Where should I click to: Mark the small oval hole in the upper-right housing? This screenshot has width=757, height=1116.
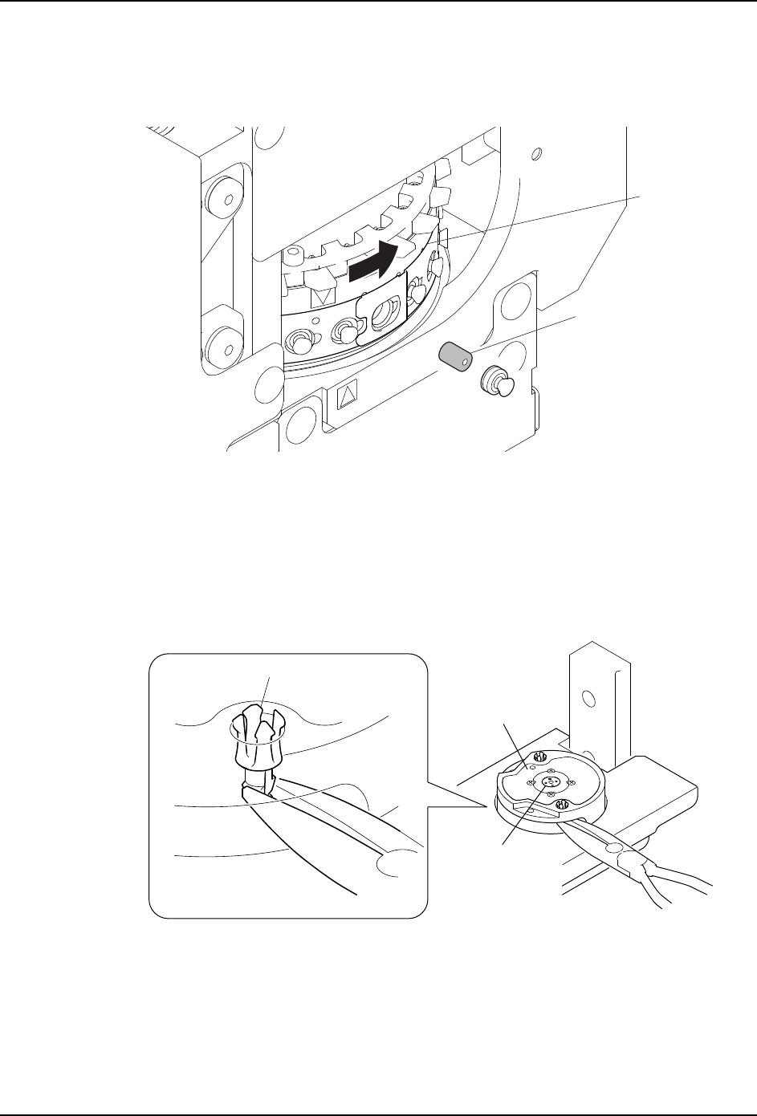pyautogui.click(x=538, y=153)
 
